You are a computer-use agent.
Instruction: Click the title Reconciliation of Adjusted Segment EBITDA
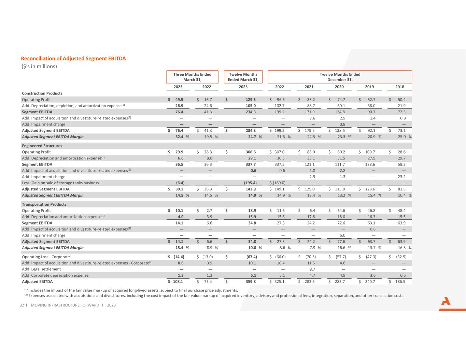pos(73,58)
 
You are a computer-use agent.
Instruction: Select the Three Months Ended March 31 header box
pos(192,77)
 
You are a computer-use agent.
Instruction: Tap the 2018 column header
pos(399,87)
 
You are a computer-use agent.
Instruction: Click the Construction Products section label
pos(42,93)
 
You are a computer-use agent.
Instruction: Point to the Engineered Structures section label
pos(42,146)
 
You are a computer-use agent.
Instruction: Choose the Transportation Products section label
pos(44,204)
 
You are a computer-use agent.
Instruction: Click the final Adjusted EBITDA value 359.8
pos(251,282)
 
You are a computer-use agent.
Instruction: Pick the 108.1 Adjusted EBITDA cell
pos(178,282)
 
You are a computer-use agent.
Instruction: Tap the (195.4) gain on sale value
pos(250,183)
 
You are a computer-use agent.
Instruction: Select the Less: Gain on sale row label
pos(60,183)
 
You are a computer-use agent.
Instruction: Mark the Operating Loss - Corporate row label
pos(46,257)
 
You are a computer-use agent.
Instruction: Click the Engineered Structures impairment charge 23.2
pos(401,177)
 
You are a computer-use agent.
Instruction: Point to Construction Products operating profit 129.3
pos(251,100)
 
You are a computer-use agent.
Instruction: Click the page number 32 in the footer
pos(22,305)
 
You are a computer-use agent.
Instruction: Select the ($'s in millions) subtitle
pos(39,66)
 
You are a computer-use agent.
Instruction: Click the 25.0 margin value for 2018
pos(401,136)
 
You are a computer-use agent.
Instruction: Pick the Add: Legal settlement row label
pos(41,269)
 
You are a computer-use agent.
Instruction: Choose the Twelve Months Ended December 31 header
pos(340,77)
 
